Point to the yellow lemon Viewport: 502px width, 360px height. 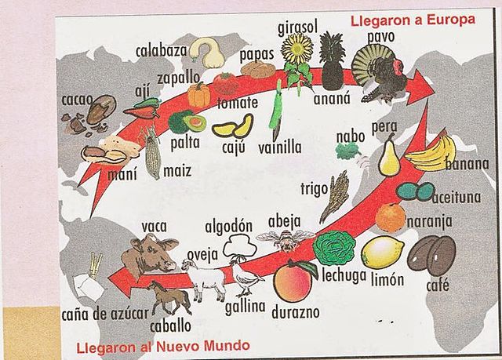pos(384,251)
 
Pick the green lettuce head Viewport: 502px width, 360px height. pos(334,248)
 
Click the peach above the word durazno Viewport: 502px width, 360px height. pos(293,281)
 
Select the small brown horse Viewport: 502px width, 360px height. pos(170,298)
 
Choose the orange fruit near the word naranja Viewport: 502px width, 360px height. pos(391,216)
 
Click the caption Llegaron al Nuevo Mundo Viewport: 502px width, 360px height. pos(162,345)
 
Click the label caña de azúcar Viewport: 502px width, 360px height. pos(105,315)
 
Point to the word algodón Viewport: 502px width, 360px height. pos(229,227)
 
